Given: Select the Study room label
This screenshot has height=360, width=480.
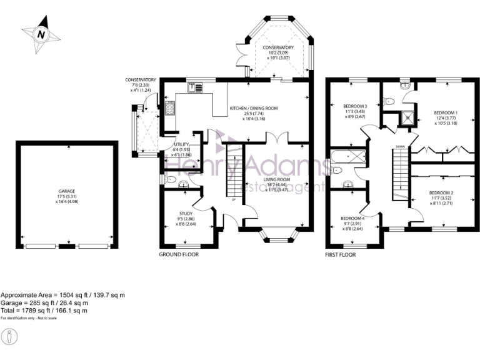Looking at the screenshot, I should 186,218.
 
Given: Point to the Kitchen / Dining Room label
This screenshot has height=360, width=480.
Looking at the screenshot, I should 253,112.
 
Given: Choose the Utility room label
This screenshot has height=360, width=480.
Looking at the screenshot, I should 182,149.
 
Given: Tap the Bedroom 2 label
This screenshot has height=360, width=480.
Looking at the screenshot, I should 441,197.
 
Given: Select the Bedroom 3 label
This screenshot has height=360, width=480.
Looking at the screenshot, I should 355,111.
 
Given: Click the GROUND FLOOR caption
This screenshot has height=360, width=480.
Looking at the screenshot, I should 179,255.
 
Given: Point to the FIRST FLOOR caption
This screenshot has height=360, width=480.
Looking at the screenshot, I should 340,255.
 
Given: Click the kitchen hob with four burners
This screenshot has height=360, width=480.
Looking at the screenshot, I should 169,108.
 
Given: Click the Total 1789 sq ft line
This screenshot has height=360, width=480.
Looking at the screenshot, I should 44,310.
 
